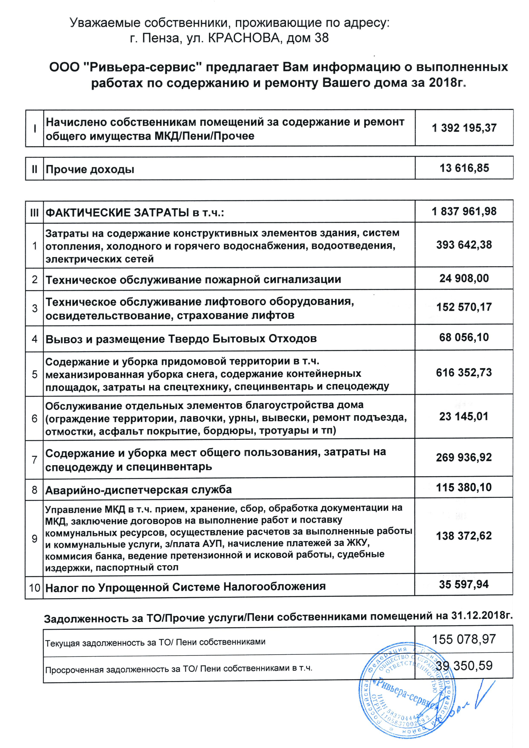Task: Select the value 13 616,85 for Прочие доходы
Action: (x=464, y=168)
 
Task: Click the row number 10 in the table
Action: (x=35, y=588)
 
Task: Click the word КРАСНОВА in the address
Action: (x=243, y=38)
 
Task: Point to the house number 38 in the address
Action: (x=322, y=38)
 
